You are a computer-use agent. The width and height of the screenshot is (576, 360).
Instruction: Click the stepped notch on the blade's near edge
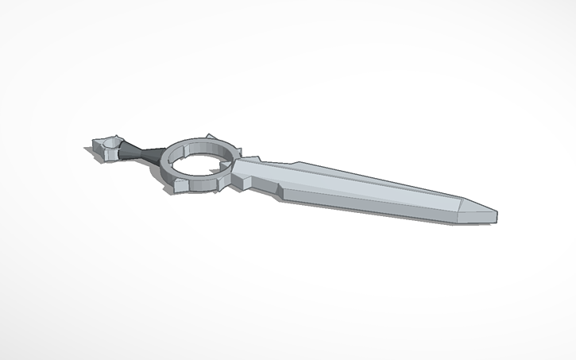[x=277, y=191]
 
